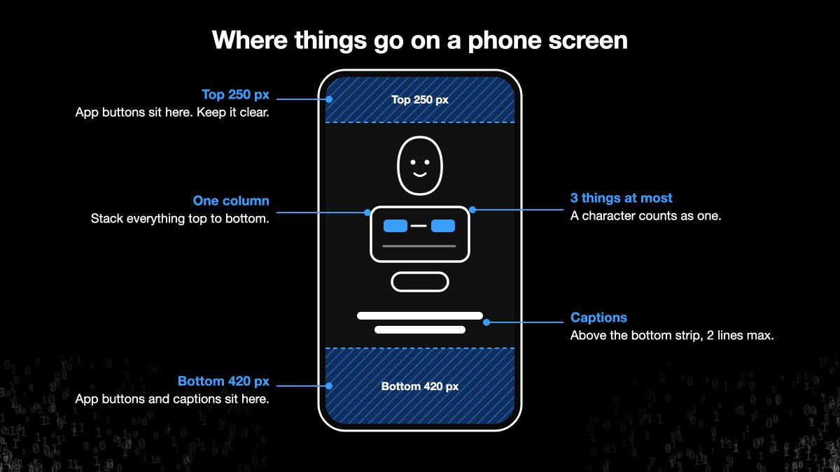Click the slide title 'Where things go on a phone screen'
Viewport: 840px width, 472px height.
419,40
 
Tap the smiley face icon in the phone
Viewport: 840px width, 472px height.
419,166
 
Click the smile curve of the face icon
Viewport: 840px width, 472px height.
419,174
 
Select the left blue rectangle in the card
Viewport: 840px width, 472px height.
395,226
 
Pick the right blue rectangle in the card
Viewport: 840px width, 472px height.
443,226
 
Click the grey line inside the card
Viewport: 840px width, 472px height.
419,246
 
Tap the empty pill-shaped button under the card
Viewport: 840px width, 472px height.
419,282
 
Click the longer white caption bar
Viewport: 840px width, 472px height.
419,316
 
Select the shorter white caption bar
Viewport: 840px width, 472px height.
419,329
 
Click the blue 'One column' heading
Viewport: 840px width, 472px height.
231,201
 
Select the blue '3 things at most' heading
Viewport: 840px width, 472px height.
622,198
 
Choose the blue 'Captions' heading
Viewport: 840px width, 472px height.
598,317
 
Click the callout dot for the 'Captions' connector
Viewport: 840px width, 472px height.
486,322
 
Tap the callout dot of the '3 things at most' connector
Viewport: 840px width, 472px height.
472,210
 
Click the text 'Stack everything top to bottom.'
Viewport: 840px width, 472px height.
180,218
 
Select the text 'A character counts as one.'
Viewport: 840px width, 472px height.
645,216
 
